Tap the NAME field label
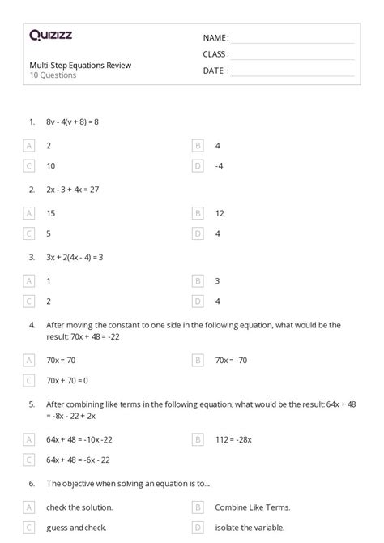(215, 38)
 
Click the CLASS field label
(215, 54)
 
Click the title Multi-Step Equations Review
(80, 65)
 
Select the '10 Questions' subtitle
(53, 75)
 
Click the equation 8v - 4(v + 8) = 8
(72, 122)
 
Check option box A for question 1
(29, 145)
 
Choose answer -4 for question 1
(219, 166)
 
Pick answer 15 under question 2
(51, 213)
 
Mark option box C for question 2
(29, 233)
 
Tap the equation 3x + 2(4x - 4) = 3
(75, 257)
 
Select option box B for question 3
(198, 280)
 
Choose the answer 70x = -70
(231, 359)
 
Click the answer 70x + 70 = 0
(67, 379)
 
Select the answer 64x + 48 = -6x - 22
(79, 459)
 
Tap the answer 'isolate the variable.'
(250, 528)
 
